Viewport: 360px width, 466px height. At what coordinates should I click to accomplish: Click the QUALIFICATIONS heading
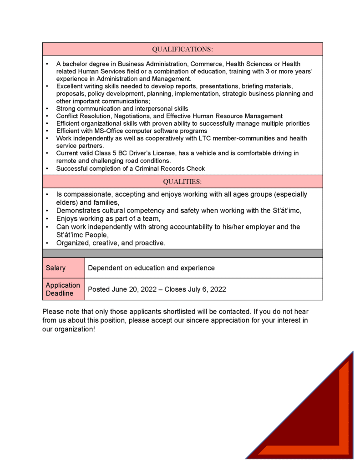click(182, 49)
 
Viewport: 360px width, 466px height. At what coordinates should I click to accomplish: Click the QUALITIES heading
click(182, 182)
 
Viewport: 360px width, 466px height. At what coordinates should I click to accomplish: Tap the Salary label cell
click(56, 268)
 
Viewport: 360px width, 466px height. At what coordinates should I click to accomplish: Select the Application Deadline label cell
click(63, 289)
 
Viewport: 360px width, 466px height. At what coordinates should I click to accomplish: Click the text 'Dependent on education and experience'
click(151, 268)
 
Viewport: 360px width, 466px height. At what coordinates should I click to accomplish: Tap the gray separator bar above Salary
click(182, 253)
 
